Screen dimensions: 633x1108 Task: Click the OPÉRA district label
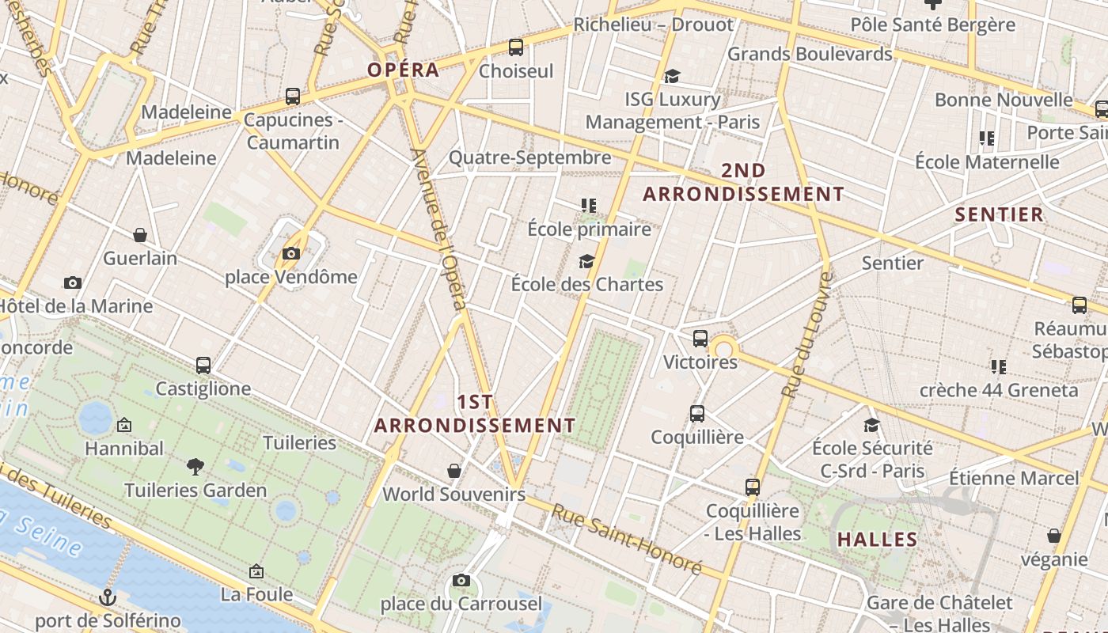point(403,70)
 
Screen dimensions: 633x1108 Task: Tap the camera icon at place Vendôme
point(291,254)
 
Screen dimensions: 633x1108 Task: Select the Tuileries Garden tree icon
point(195,467)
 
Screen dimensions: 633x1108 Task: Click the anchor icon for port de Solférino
point(108,597)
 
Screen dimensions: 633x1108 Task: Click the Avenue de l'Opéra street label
point(439,229)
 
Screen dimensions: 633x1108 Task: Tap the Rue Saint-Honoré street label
point(627,540)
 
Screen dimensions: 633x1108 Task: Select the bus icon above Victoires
point(700,339)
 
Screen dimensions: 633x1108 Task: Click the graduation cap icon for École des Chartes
point(586,261)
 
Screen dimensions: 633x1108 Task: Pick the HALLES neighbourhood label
point(877,540)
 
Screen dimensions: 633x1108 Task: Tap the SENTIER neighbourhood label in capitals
point(999,214)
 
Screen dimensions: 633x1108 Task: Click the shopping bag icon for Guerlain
point(140,235)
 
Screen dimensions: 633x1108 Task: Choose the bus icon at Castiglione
point(203,366)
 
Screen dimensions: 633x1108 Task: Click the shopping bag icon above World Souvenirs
point(454,472)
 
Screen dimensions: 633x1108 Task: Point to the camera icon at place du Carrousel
point(461,582)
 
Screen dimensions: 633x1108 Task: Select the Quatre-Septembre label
point(529,157)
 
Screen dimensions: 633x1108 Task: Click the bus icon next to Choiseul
point(516,47)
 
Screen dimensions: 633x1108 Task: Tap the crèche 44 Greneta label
point(998,390)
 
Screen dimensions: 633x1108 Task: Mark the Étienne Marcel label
point(1014,478)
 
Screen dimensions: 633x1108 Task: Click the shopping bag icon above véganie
point(1053,536)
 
